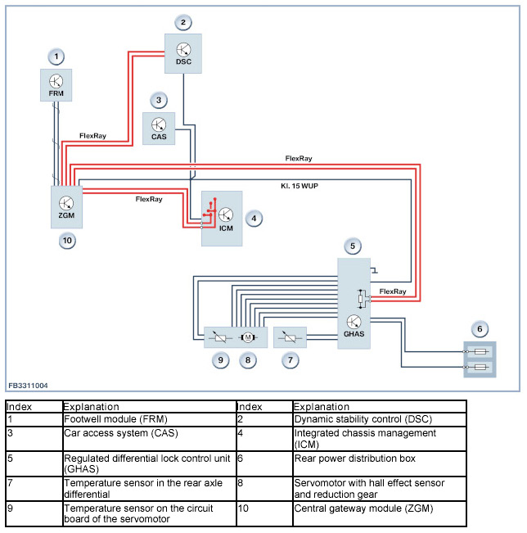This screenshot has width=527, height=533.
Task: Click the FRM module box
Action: (56, 84)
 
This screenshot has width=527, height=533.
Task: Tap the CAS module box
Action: (159, 129)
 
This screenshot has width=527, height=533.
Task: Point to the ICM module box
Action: (223, 218)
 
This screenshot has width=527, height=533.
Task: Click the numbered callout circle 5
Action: (353, 246)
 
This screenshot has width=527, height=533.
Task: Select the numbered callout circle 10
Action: (67, 241)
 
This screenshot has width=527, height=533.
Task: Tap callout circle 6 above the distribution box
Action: (480, 328)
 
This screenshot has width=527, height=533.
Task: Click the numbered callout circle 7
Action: (291, 359)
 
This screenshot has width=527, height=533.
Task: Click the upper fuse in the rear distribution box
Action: (480, 352)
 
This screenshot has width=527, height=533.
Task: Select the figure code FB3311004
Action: (28, 385)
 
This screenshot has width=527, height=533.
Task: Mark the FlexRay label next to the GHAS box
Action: (393, 291)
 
